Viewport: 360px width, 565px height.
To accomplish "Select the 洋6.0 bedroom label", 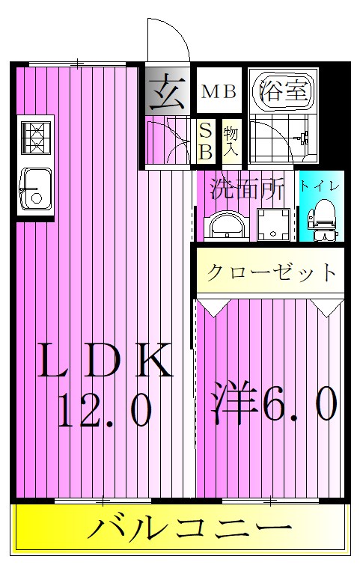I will pos(272,405).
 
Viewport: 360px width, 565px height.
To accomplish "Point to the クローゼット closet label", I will pos(272,272).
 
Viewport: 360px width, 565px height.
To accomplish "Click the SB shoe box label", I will pos(205,141).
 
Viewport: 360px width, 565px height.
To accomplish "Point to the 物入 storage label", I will pos(231,141).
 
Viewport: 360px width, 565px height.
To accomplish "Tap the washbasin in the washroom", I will pos(225,223).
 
